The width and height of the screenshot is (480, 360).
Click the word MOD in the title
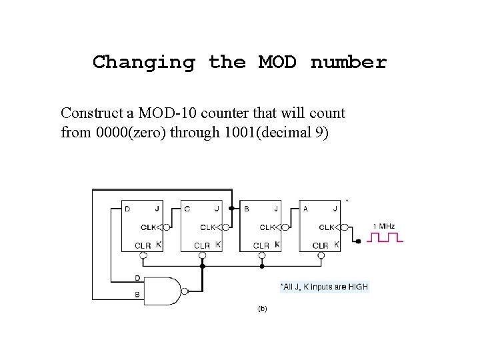(x=278, y=63)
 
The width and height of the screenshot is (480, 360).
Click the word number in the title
(x=348, y=63)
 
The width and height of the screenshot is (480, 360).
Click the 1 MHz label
(x=383, y=227)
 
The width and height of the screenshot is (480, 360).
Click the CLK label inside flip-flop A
(x=326, y=227)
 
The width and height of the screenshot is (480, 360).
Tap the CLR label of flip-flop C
(x=201, y=245)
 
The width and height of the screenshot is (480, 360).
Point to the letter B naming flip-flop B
(x=246, y=209)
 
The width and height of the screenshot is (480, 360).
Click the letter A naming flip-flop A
(x=306, y=209)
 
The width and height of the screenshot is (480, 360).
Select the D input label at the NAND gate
(x=137, y=278)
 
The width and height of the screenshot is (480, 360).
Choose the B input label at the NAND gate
(x=137, y=294)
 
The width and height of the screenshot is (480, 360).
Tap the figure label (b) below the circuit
(x=262, y=309)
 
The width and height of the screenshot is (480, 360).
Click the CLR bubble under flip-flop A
(x=321, y=255)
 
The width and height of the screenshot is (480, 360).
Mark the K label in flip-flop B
(x=277, y=245)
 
